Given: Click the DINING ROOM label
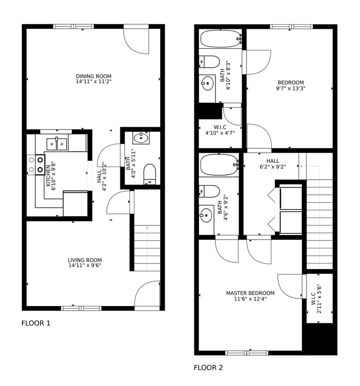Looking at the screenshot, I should tap(93, 76).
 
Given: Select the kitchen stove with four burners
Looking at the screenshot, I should tap(36, 165).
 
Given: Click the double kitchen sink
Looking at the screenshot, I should tap(57, 144).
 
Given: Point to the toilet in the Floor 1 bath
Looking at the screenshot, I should tap(150, 174).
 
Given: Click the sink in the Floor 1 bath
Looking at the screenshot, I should tap(140, 137).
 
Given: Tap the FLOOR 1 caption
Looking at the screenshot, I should tap(36, 323).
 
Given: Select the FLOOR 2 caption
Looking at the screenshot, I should tap(208, 367).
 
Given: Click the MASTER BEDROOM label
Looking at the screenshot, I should tap(250, 293).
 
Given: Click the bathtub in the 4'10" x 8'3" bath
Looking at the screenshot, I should tap(220, 39).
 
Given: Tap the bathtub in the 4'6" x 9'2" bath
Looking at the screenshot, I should tap(219, 165).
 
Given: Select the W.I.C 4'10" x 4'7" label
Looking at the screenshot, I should tap(220, 130).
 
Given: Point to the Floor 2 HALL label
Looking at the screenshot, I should tap(273, 161).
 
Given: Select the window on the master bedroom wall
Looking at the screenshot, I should tap(247, 353).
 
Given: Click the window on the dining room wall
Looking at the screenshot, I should tap(73, 27).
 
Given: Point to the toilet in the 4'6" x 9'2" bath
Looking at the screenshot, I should tap(210, 191).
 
